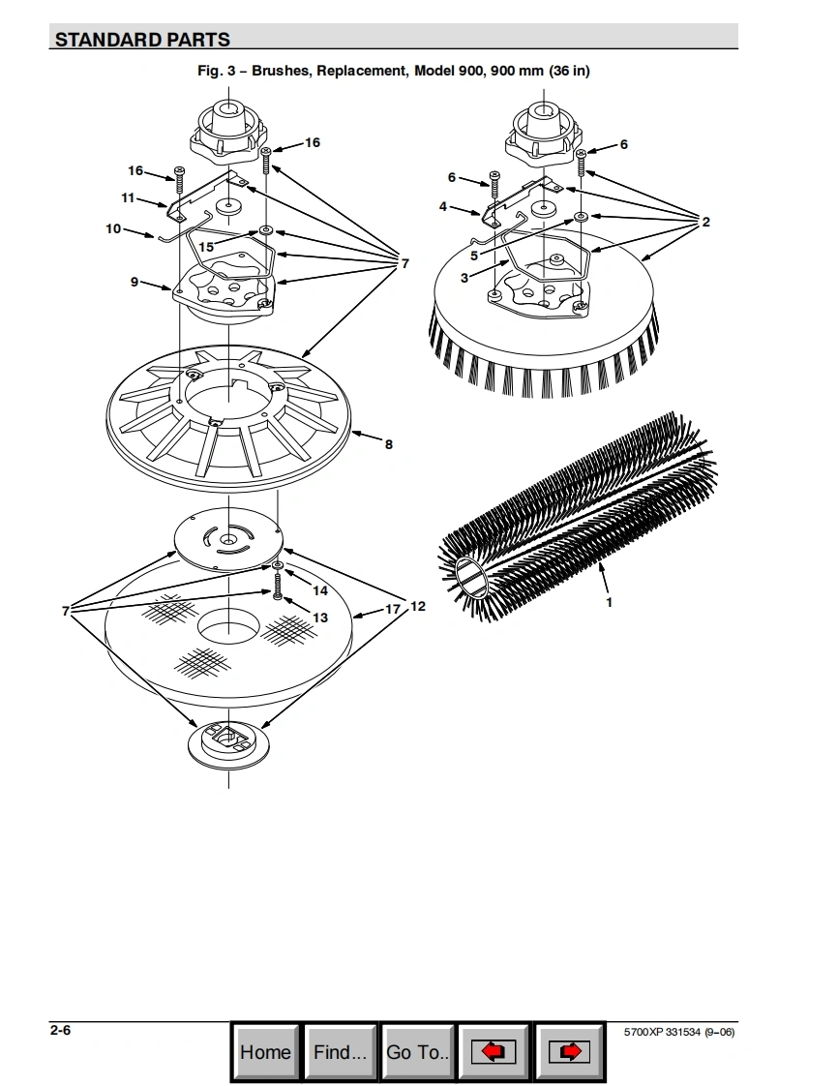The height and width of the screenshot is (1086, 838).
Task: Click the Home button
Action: (265, 1052)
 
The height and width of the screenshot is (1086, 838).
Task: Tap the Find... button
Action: (340, 1052)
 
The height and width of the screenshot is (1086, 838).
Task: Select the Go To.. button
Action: (418, 1052)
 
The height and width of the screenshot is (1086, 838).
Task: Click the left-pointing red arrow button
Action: (494, 1052)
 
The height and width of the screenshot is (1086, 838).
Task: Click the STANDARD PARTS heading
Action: (142, 40)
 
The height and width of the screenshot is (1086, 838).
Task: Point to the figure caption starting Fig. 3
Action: (394, 71)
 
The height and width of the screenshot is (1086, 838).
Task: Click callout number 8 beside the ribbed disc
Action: (389, 444)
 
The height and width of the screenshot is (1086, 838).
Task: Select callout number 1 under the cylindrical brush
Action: (610, 603)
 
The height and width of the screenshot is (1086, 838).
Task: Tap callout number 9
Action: (135, 282)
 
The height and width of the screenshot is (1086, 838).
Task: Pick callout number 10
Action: (113, 228)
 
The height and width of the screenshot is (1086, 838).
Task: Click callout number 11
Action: (128, 198)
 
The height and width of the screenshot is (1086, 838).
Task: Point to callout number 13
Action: (320, 618)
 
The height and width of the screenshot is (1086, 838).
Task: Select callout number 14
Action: (320, 590)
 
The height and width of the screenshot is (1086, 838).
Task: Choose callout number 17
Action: (393, 609)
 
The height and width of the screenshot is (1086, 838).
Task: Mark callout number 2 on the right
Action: (705, 222)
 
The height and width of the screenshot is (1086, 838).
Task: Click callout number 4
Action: (443, 206)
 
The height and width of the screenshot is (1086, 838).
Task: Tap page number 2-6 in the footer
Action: (60, 1030)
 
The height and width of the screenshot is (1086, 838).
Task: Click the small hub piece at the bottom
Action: (227, 744)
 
